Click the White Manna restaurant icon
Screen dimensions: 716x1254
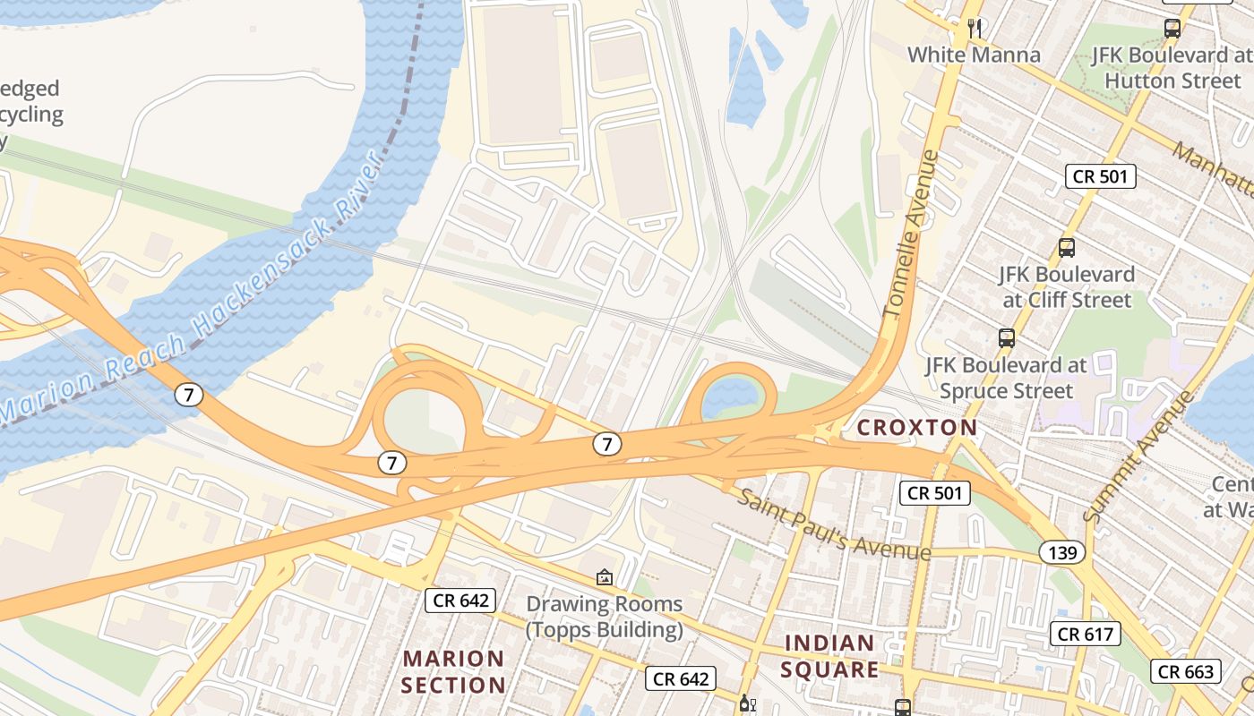pyautogui.click(x=975, y=29)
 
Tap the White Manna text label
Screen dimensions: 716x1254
pyautogui.click(x=975, y=55)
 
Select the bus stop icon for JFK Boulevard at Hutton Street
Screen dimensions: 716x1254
pyautogui.click(x=1172, y=28)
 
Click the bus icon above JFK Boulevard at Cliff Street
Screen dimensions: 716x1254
pyautogui.click(x=1066, y=248)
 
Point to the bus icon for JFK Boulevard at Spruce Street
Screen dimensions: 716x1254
pyautogui.click(x=1007, y=338)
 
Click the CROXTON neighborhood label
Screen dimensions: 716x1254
pyautogui.click(x=917, y=428)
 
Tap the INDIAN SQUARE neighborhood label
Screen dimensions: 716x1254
pyautogui.click(x=829, y=656)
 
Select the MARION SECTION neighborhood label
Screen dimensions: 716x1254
pyautogui.click(x=454, y=672)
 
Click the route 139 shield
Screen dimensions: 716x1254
pyautogui.click(x=1062, y=552)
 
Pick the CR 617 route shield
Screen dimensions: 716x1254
pyautogui.click(x=1086, y=635)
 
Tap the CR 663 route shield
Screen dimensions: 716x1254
pyautogui.click(x=1186, y=671)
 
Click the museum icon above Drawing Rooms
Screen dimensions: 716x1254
pyautogui.click(x=605, y=578)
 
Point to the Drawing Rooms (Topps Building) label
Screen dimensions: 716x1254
pyautogui.click(x=605, y=617)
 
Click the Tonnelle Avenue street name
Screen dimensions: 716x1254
pyautogui.click(x=911, y=234)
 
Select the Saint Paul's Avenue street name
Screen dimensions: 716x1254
pyautogui.click(x=834, y=524)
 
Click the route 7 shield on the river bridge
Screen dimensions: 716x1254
pyautogui.click(x=188, y=394)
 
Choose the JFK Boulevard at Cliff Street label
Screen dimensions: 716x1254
pyautogui.click(x=1067, y=286)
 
